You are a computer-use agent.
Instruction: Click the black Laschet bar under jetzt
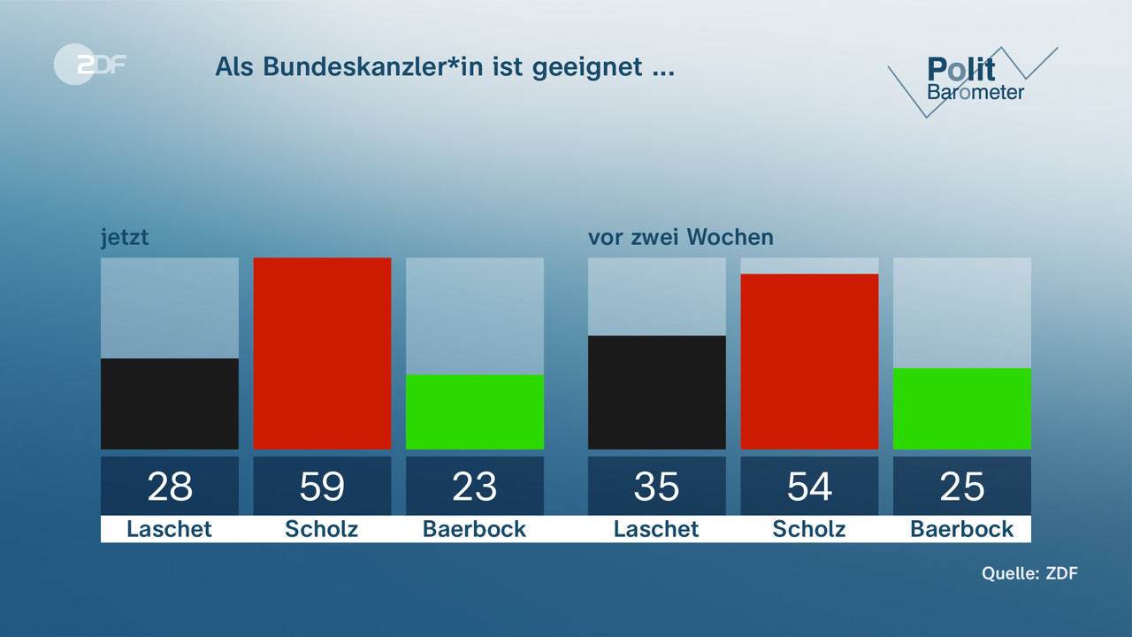coord(169,403)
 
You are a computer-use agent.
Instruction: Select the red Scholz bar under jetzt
coord(322,353)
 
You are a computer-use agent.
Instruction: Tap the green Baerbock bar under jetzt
coord(475,411)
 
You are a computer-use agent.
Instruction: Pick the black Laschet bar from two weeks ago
coord(656,392)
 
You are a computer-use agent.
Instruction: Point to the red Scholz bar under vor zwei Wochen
coord(809,361)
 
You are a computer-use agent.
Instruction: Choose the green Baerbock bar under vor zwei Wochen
coord(962,408)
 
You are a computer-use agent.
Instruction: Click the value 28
coord(169,487)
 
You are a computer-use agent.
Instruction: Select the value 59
coord(322,487)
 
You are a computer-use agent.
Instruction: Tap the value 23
coord(475,487)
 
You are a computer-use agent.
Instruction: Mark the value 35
coord(656,487)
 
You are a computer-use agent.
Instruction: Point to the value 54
coord(809,487)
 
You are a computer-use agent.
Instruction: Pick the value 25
coord(962,487)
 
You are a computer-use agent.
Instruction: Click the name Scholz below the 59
coord(322,529)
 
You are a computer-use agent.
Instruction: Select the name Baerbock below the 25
coord(962,529)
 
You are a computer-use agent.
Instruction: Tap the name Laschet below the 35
coord(656,529)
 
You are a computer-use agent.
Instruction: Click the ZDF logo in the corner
coord(89,64)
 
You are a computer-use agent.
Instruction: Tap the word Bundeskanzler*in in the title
coord(358,67)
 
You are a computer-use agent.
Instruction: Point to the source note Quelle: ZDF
coord(1029,573)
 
